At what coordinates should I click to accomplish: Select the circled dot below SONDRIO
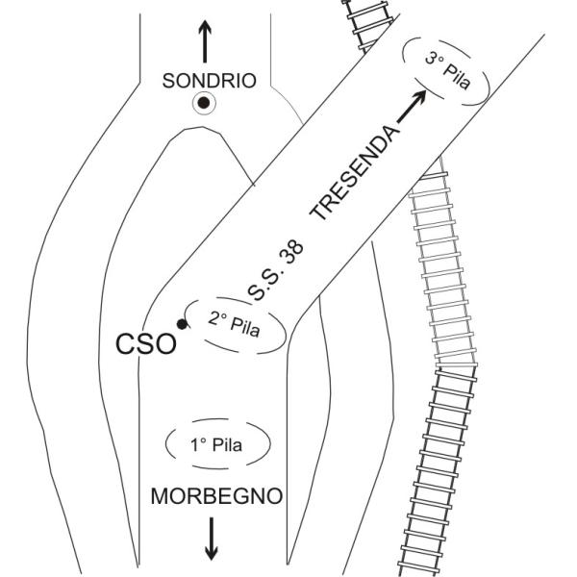[203, 104]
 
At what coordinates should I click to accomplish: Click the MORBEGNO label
[216, 496]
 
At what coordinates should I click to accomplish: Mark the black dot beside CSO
[183, 324]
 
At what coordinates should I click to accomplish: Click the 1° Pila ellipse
[218, 446]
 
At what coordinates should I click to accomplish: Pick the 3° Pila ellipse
[448, 65]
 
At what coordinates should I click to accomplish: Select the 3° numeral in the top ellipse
[432, 56]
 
